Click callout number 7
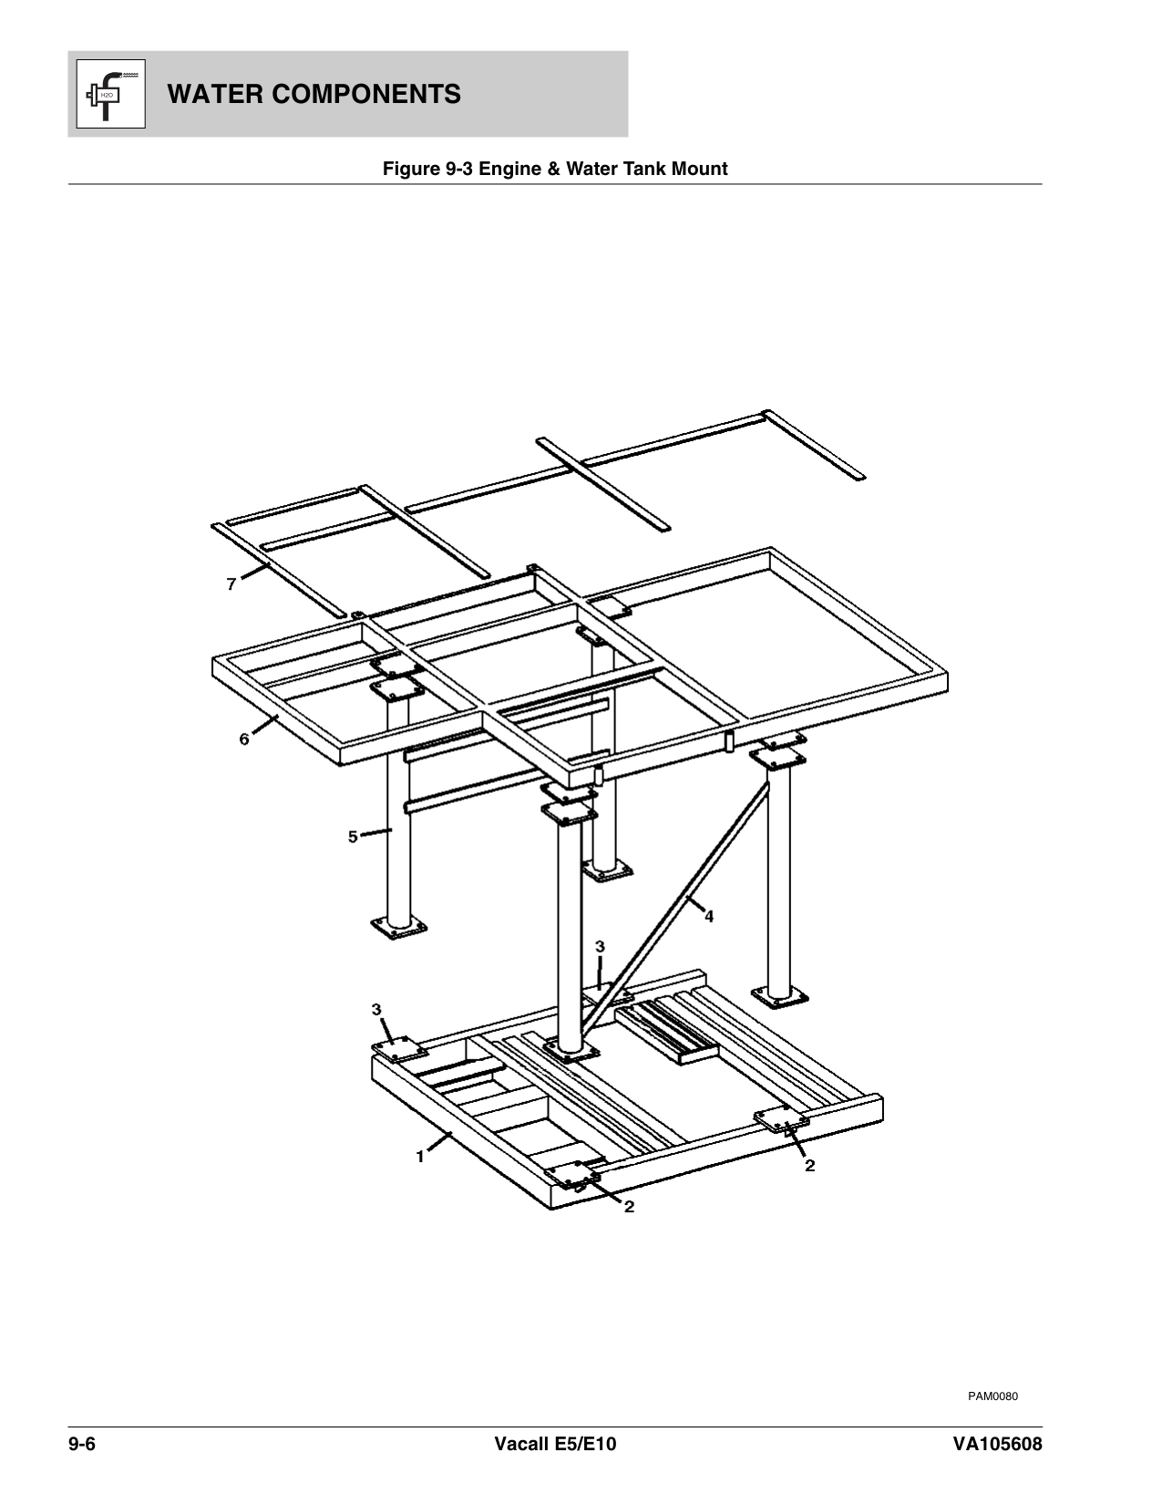[x=232, y=584]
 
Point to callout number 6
[x=244, y=739]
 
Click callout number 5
[x=353, y=837]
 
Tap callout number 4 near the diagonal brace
[x=709, y=917]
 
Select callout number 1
[x=420, y=1157]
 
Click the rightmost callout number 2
[x=809, y=1165]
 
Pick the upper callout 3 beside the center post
[x=600, y=948]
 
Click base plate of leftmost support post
[x=398, y=928]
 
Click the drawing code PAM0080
[x=992, y=1396]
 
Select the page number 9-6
[x=82, y=1445]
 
